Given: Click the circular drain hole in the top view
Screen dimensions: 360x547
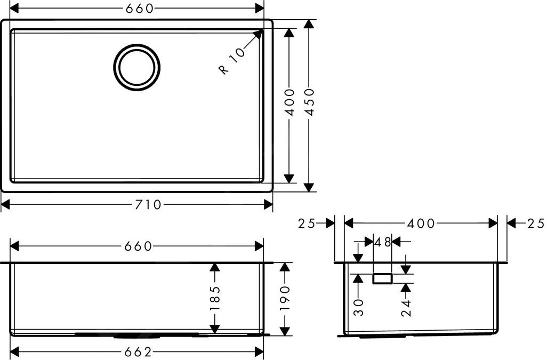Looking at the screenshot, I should (x=136, y=67).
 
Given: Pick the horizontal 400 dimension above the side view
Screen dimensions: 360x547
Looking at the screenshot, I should (x=421, y=223).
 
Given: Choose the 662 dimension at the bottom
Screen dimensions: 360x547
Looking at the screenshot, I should (x=138, y=352).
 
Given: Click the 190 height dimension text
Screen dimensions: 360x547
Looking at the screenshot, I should (x=286, y=299).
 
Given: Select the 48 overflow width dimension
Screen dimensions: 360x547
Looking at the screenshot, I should (x=382, y=242).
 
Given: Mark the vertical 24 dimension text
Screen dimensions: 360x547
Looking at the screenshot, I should (x=406, y=308).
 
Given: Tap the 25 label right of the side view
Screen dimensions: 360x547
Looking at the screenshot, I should (x=535, y=223).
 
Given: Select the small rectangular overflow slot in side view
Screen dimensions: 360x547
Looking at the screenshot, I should (x=382, y=278).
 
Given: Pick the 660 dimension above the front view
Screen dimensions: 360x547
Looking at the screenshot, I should (x=138, y=246).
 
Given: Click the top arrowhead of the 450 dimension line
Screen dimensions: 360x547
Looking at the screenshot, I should (x=309, y=22).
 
